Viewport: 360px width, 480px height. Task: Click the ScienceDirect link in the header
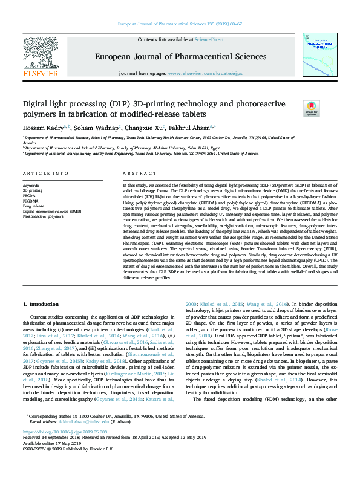tap(209, 39)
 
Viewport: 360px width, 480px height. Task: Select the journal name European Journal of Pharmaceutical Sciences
tap(180, 57)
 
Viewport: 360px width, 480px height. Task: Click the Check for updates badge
tap(311, 109)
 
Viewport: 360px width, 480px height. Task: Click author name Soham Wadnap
tap(96, 128)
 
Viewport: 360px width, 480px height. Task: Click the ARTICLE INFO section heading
tap(45, 173)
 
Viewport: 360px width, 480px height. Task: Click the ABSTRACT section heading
tap(135, 173)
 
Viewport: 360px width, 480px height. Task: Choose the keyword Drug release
tap(34, 206)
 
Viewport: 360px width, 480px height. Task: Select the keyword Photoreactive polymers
tap(42, 216)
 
